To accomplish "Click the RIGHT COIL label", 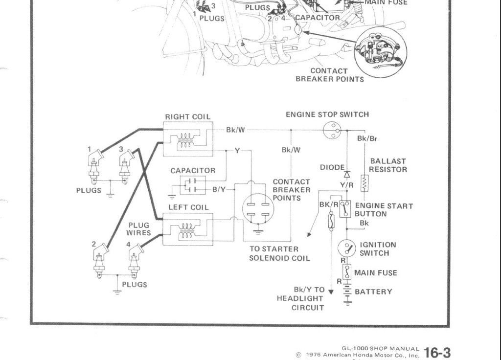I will click(x=188, y=117).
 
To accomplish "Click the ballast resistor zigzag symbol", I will click(x=364, y=184).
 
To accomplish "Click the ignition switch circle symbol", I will click(x=347, y=248).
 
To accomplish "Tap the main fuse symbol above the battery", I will click(x=347, y=272).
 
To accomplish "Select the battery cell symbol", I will click(x=347, y=292).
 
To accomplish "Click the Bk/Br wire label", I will click(x=367, y=138).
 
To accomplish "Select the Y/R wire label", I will click(x=347, y=185).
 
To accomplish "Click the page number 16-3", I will click(x=437, y=352).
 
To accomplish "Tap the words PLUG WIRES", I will click(x=139, y=229).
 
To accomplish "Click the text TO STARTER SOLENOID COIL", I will click(x=279, y=253).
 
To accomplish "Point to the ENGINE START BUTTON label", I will click(x=384, y=210).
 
